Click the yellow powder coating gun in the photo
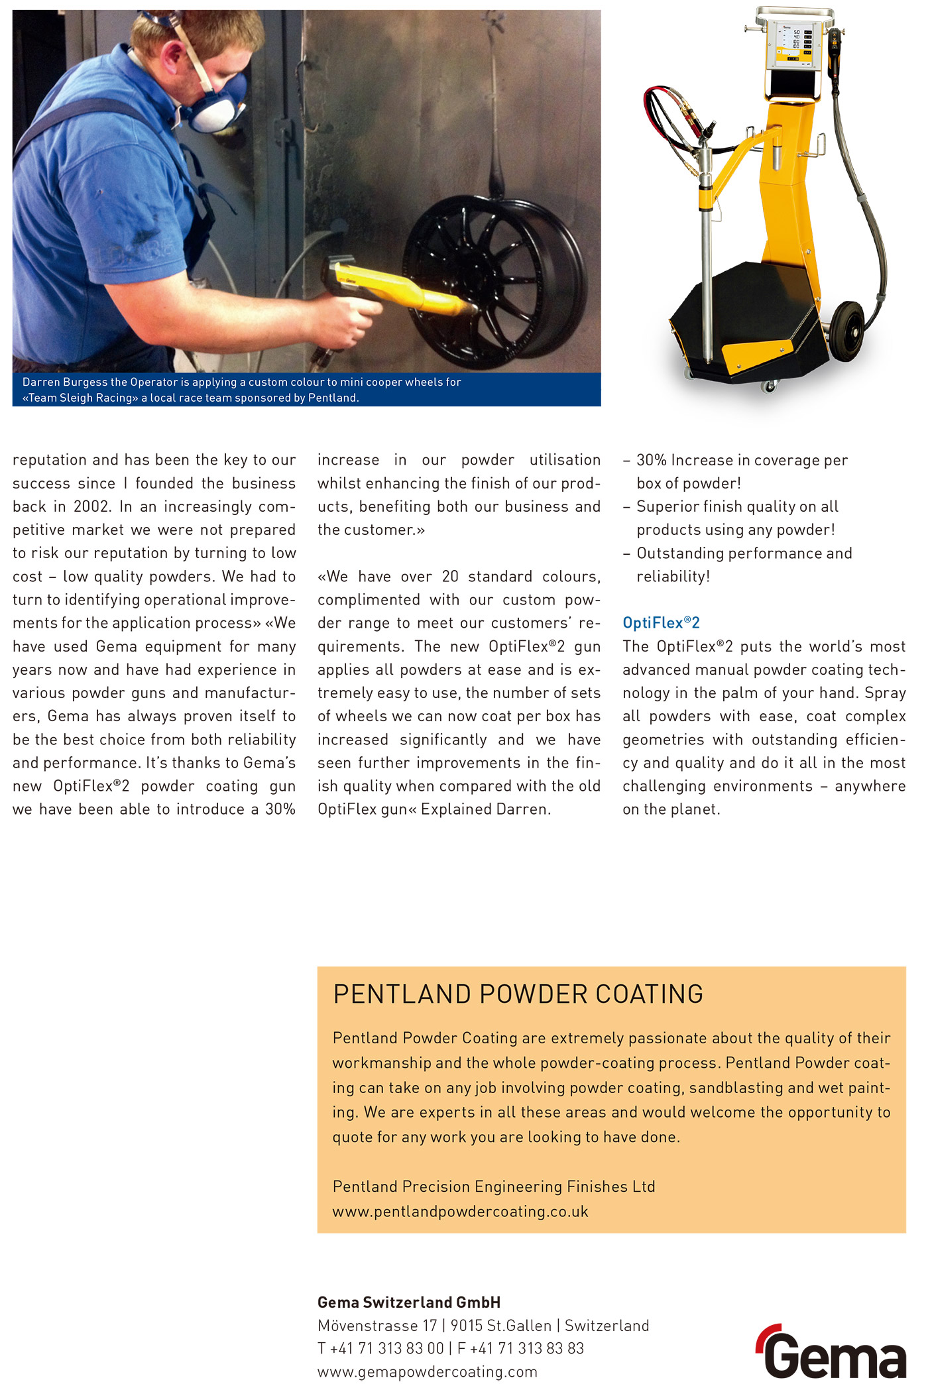(x=398, y=288)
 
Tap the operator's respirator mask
(x=219, y=106)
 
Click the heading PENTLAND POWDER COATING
(x=518, y=994)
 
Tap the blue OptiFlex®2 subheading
(x=661, y=622)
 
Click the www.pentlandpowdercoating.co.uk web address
(x=460, y=1212)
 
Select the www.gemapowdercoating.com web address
(x=427, y=1371)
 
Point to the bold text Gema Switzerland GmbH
(x=409, y=1302)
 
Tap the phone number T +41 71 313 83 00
(x=380, y=1348)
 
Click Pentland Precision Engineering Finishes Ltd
(x=494, y=1186)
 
